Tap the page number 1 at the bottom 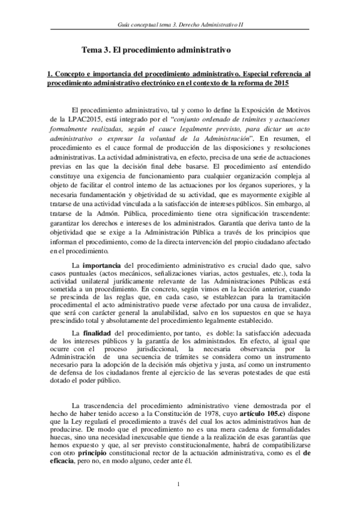[179, 484]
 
